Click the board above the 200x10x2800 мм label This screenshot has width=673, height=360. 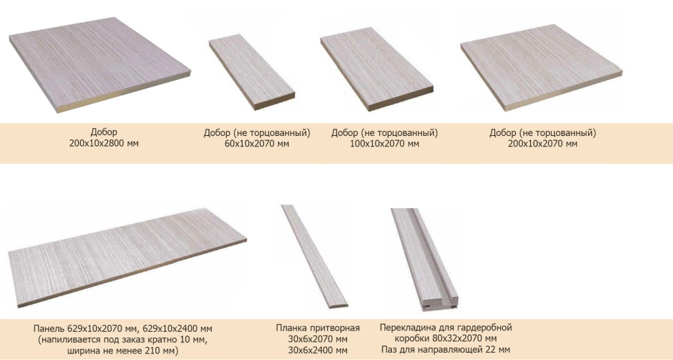pos(100,64)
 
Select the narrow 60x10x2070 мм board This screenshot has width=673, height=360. pos(252,72)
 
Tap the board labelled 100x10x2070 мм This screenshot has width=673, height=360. pos(377,69)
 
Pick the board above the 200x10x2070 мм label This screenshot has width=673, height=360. pos(542,67)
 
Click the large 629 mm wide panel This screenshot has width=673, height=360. pos(127,257)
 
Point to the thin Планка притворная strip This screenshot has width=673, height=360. pos(315,257)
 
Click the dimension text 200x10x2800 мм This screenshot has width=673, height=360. pos(104,143)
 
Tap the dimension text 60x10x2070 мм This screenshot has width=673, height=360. pos(257,144)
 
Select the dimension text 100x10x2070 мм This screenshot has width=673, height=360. pos(384,144)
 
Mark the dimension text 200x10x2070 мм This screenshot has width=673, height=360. pos(542,144)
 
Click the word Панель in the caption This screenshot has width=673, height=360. pos(49,329)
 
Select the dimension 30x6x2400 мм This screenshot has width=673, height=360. pos(317,350)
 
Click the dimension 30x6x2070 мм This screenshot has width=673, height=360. pos(317,340)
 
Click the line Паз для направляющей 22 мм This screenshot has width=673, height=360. pos(446,349)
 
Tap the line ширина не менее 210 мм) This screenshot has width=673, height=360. pos(123,351)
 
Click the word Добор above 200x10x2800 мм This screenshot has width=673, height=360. pos(103,132)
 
